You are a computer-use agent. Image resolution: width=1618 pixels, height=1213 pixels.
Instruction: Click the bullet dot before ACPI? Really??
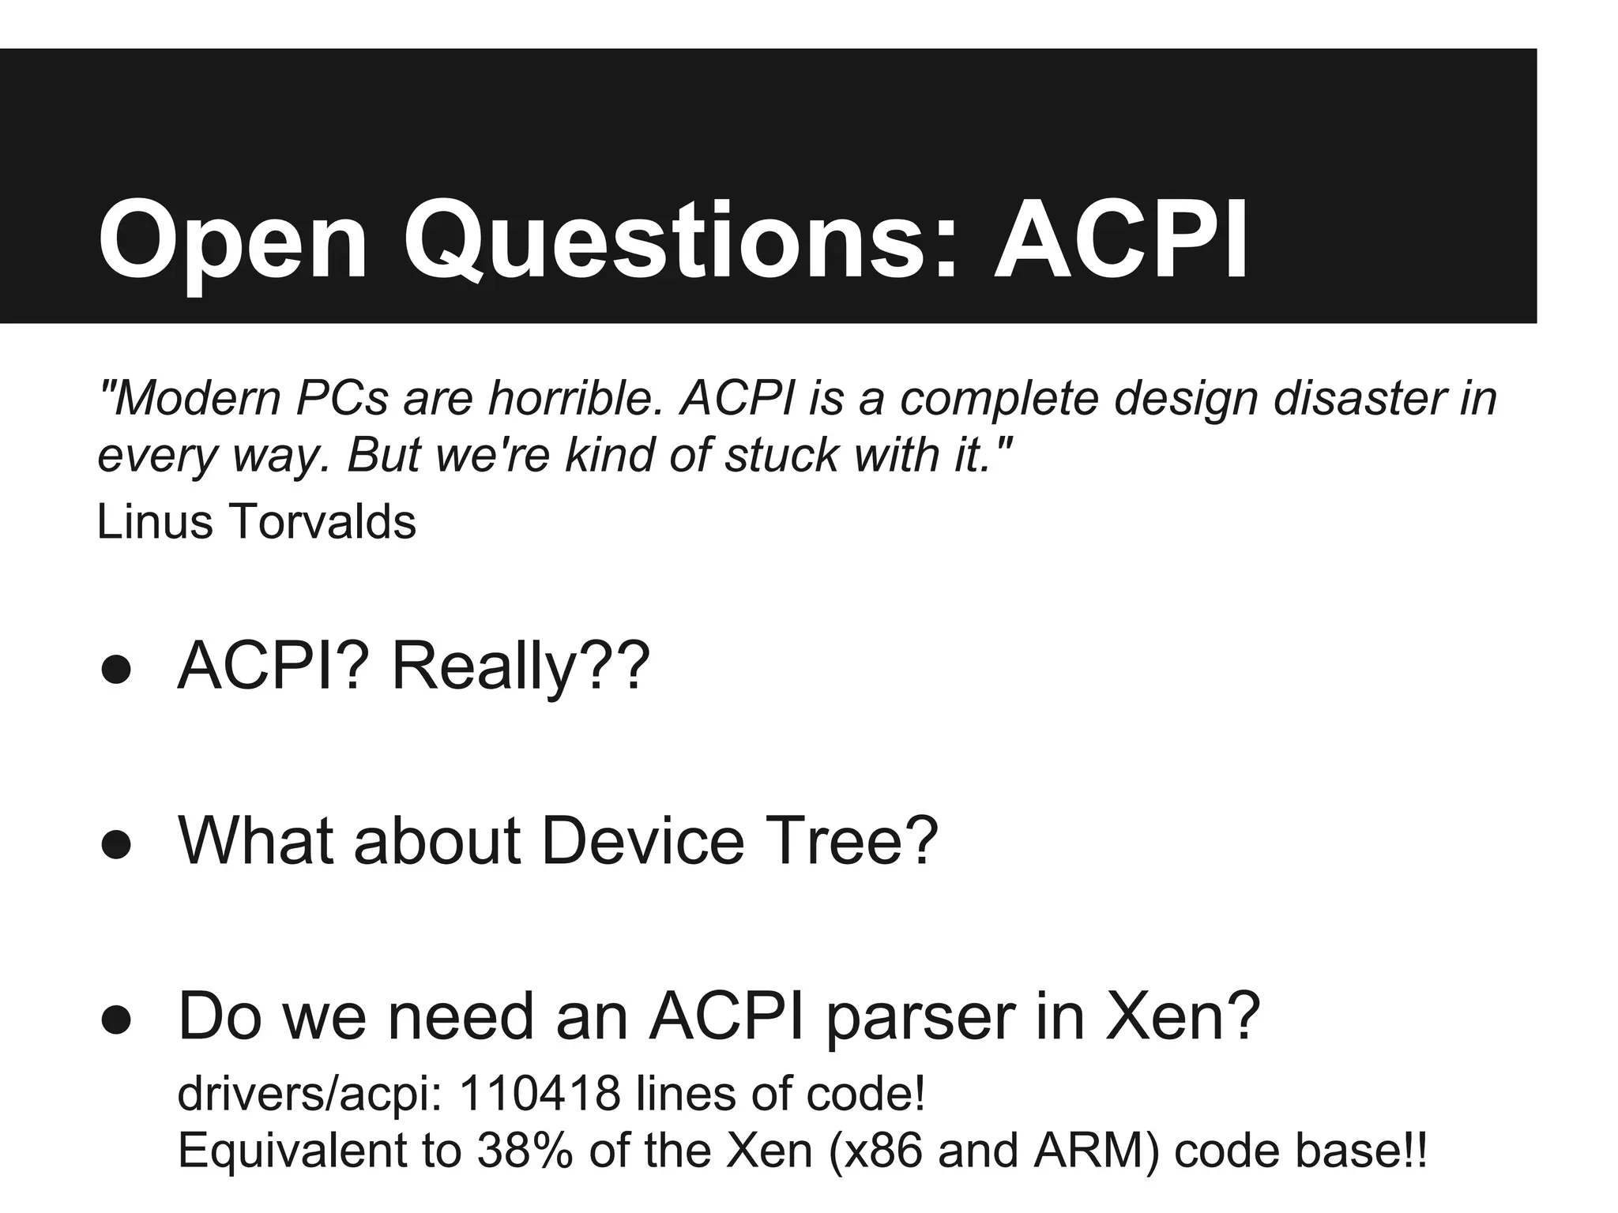[116, 670]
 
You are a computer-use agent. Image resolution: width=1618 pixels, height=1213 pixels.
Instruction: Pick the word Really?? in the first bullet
[520, 666]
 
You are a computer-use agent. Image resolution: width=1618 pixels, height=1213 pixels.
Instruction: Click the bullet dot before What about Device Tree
[116, 844]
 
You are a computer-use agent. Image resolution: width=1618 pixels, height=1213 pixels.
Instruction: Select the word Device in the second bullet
[642, 840]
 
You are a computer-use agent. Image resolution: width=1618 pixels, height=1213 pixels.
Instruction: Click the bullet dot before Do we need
[116, 1020]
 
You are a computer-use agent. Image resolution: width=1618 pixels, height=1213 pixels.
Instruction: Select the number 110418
[540, 1093]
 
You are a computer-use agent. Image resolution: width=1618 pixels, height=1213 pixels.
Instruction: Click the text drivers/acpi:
[310, 1095]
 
